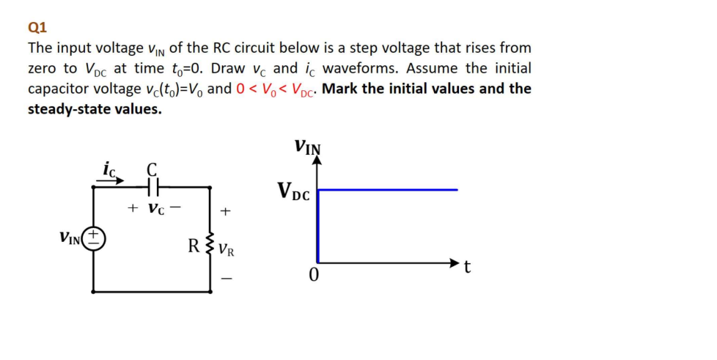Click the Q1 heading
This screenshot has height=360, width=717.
click(x=37, y=28)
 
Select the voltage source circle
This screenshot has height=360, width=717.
click(x=93, y=238)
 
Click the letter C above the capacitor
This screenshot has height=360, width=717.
click(x=154, y=168)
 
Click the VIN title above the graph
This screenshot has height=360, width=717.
click(x=307, y=145)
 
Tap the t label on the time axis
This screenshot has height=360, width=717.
click(x=468, y=268)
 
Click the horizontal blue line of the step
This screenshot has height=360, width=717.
click(x=389, y=189)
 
